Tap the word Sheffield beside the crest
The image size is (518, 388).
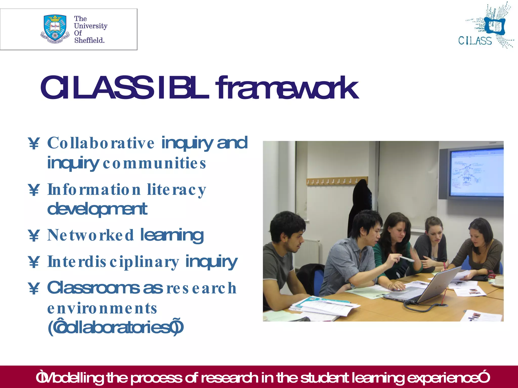tap(89, 40)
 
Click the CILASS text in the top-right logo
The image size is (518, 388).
tap(475, 41)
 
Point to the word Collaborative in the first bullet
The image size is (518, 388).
tap(101, 143)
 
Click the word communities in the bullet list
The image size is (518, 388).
tap(154, 163)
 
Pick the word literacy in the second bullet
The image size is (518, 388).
tap(177, 190)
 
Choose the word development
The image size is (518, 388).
tap(97, 209)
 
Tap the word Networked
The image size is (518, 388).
tap(90, 235)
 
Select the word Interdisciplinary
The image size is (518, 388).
tap(113, 262)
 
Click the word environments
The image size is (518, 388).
tap(102, 308)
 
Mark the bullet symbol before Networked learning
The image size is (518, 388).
tap(34, 235)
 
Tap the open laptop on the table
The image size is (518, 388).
tap(427, 288)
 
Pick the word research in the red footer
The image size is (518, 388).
tap(229, 378)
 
